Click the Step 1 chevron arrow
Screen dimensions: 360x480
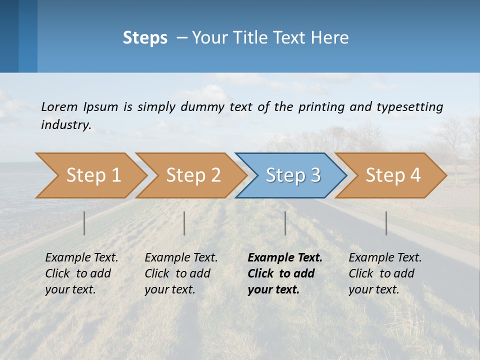click(92, 175)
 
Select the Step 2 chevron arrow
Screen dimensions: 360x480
click(192, 175)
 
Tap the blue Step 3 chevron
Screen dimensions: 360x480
click(292, 175)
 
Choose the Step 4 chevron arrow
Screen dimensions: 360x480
click(392, 175)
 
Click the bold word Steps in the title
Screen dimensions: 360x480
click(145, 38)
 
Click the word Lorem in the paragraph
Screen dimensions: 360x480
click(59, 106)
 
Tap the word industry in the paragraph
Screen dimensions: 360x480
click(65, 125)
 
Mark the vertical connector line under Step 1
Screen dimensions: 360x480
click(84, 223)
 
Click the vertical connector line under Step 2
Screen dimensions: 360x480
click(184, 223)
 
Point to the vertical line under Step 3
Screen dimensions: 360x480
click(285, 223)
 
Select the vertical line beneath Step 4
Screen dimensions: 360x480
click(386, 223)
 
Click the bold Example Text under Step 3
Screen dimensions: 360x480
click(285, 258)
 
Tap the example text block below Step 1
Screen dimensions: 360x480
click(81, 273)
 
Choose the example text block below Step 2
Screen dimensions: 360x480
click(180, 273)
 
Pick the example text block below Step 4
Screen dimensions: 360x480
click(384, 273)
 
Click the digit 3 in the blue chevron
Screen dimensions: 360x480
click(315, 175)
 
